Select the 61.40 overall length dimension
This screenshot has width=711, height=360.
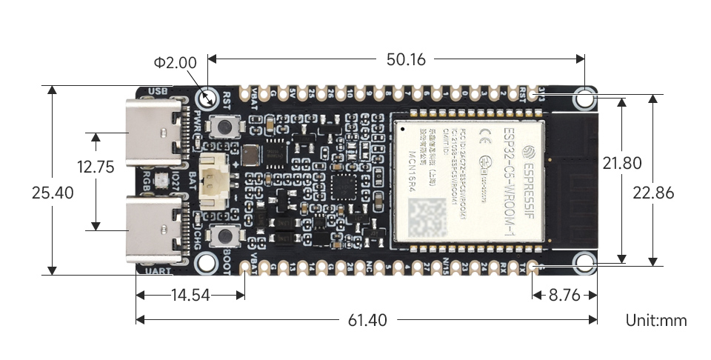367,320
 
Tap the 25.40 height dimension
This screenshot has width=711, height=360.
53,193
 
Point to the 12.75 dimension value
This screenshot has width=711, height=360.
95,167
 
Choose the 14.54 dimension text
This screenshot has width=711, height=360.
190,295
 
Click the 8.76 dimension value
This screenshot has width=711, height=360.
564,295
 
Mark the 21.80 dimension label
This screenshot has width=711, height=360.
622,163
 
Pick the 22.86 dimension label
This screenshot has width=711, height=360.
653,193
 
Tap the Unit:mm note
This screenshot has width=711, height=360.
656,320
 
